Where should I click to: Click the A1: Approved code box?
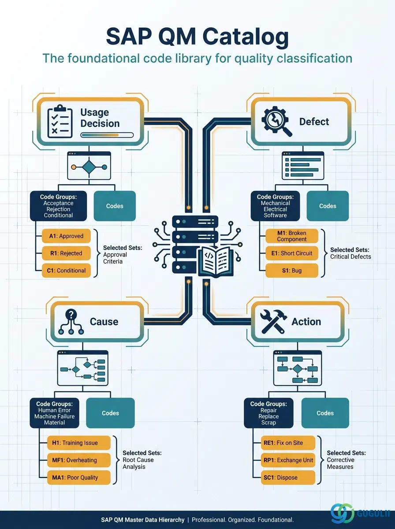(x=66, y=236)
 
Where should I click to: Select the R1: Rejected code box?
(x=66, y=253)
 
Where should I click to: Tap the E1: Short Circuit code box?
(x=291, y=253)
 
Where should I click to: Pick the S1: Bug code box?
(x=291, y=270)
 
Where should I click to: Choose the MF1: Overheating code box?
(x=79, y=460)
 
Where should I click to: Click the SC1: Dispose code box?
(x=288, y=477)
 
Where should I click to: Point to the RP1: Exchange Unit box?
(x=288, y=460)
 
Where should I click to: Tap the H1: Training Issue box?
(x=79, y=443)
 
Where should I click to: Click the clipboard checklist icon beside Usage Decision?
(x=60, y=121)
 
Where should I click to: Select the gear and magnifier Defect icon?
(x=277, y=122)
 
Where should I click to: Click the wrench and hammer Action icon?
(x=273, y=321)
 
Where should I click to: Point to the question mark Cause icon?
(x=71, y=322)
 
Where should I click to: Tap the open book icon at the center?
(x=216, y=262)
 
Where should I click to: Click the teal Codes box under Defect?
(x=328, y=206)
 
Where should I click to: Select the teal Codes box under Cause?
(x=110, y=413)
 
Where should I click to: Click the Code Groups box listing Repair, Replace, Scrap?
(x=268, y=413)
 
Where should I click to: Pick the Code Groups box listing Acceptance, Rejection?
(x=58, y=206)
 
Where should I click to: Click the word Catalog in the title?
(x=246, y=37)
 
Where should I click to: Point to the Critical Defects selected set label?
(x=350, y=257)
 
